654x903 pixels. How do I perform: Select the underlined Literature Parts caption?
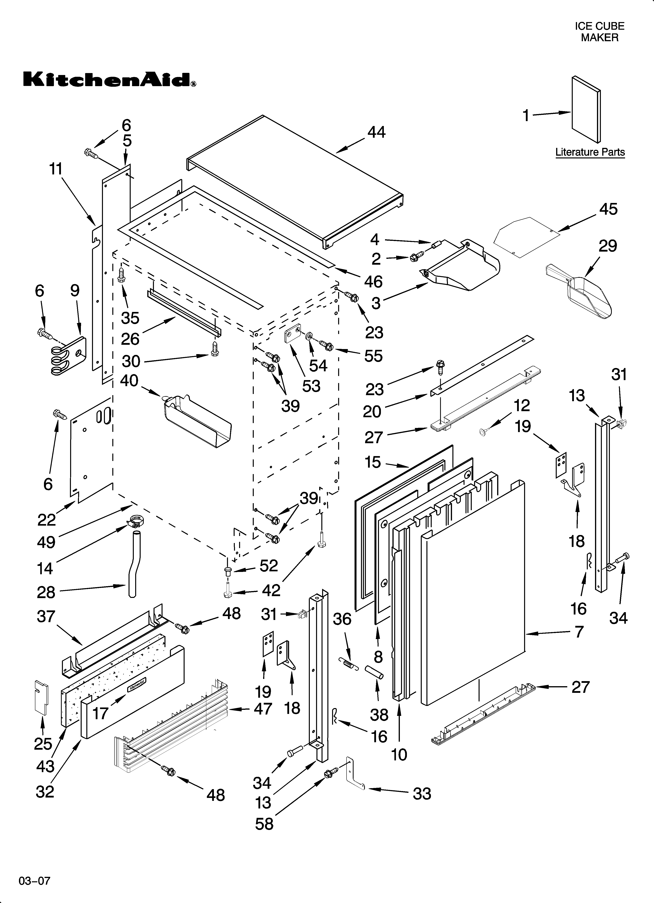pos(590,152)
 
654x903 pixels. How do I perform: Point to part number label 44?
pos(376,132)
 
